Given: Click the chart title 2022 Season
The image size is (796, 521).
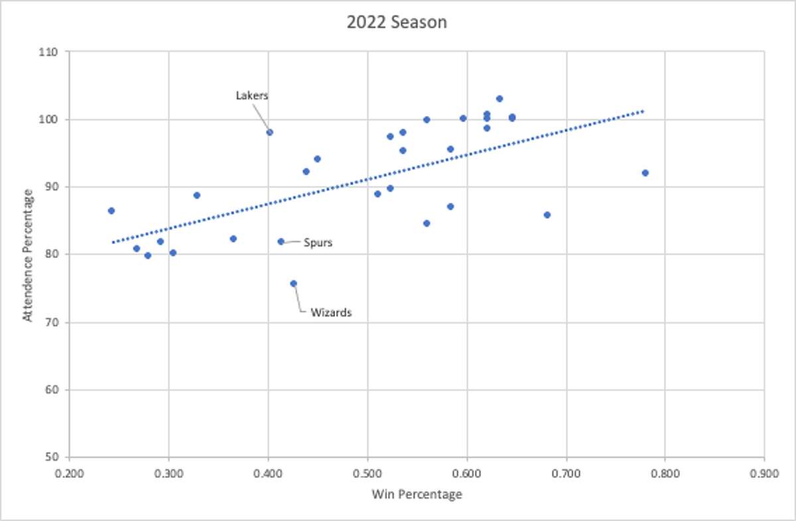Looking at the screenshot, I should (x=397, y=22).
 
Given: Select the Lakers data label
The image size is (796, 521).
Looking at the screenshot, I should (x=252, y=95).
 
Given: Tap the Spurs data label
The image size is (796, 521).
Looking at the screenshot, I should (x=318, y=243).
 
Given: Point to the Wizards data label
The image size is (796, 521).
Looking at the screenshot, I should (x=330, y=312).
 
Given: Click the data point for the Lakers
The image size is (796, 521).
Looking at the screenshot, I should (x=269, y=132).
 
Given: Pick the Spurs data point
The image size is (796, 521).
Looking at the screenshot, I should (x=281, y=241).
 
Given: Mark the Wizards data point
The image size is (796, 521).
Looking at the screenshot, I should (x=293, y=283).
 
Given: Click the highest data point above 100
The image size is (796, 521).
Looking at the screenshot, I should (x=499, y=99).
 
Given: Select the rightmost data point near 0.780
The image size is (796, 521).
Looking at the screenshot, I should (x=645, y=173).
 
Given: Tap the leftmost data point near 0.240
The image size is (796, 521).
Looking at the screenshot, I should (x=111, y=211).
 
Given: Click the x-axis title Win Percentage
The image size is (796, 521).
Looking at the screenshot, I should (x=417, y=494).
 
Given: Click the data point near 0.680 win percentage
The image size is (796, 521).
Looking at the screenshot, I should (x=547, y=215).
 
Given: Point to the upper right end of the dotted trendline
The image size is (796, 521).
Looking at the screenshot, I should (x=642, y=111).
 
